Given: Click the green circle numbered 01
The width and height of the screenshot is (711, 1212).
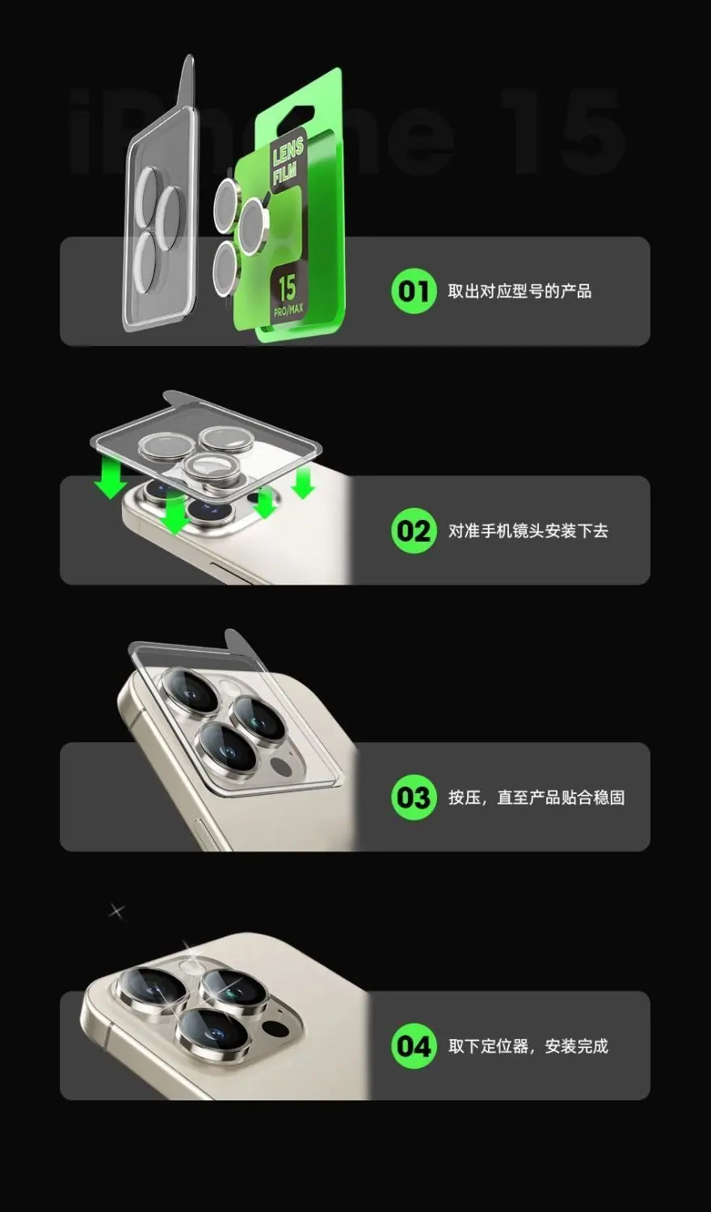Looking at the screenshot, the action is coord(413,291).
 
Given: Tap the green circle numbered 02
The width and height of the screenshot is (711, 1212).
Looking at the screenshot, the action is coord(413,530).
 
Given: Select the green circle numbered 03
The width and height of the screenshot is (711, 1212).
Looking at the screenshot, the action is coord(413,797).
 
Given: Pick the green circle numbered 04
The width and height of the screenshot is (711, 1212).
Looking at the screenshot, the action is coord(413,1046).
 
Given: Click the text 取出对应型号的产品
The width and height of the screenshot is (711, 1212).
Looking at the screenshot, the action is coord(519,291).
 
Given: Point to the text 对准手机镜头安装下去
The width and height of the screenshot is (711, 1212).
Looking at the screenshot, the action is coord(528,530).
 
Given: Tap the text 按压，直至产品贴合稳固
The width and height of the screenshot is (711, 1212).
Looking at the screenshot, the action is coord(536,797).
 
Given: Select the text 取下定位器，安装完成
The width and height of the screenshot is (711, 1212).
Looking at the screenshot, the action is coord(528,1046).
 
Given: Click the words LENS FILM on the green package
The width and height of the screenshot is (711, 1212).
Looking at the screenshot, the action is coord(287,160).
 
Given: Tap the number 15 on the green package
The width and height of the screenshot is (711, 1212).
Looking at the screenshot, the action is coord(287,289).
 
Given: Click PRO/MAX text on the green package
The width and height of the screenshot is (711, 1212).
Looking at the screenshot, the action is coord(288,310).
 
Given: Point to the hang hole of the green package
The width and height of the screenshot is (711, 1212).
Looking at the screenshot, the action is coord(297,117).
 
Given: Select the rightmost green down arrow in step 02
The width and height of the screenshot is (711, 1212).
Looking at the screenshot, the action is coord(303,483).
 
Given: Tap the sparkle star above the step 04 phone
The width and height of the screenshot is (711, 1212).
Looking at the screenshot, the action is coord(116,911).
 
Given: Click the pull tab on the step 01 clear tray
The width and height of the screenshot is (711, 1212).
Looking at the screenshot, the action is coord(187,80).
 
